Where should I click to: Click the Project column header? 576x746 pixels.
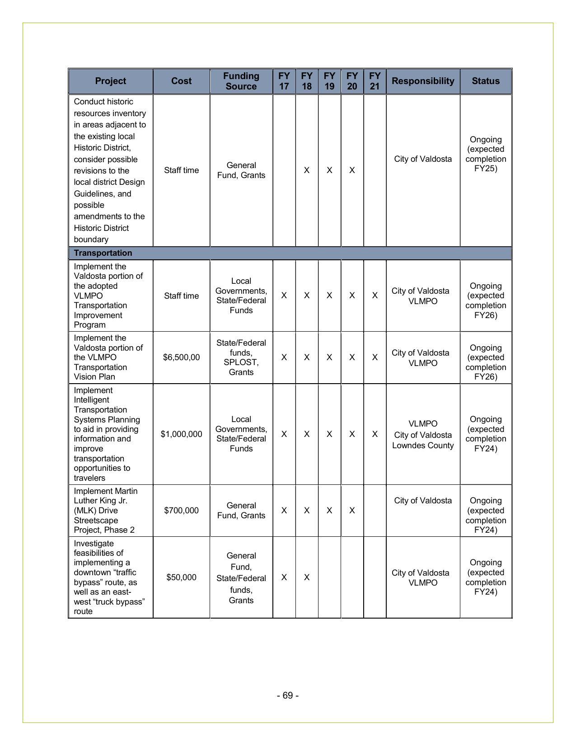pos(110,81)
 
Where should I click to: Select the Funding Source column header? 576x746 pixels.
pos(241,81)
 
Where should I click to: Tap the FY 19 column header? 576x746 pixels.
pos(329,81)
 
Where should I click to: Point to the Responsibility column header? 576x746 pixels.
pos(423,81)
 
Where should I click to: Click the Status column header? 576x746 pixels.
pos(486,81)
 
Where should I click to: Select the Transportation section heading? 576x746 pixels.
pos(103,253)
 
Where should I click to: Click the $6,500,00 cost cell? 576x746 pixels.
pos(181,357)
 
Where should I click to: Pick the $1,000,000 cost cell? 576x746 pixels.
pos(181,434)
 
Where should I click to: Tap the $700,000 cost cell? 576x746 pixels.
pos(181,511)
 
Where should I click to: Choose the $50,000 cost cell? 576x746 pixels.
pos(181,577)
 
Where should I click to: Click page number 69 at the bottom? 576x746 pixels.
pos(288,695)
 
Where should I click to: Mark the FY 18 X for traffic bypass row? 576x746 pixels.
pos(307,577)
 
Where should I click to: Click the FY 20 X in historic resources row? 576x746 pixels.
pos(352,170)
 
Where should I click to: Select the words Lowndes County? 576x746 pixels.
pos(423,446)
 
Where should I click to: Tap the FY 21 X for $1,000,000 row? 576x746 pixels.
pos(375,434)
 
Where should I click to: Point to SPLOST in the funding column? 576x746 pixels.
pos(241,362)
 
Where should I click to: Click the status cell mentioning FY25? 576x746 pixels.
pos(486,154)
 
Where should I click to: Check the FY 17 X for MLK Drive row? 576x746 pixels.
pos(284,511)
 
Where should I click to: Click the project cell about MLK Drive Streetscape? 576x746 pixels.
pos(108,511)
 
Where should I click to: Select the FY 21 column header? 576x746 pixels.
pos(375,81)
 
